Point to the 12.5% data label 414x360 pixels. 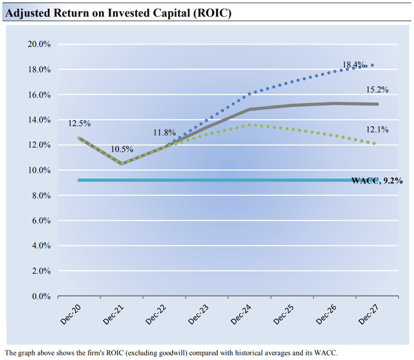click(80, 123)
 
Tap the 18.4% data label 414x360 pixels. click(353, 65)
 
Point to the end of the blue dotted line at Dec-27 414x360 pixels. click(373, 65)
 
